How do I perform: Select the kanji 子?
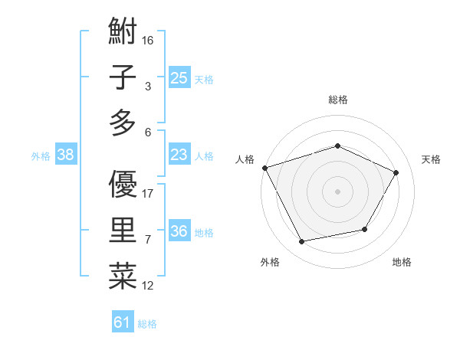(x=123, y=78)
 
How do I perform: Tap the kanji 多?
(x=123, y=123)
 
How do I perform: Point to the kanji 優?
(x=123, y=185)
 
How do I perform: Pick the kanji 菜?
(x=123, y=277)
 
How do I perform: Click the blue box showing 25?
(x=179, y=77)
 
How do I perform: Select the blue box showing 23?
(x=179, y=155)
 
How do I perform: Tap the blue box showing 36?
(x=179, y=232)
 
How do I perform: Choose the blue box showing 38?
(x=66, y=155)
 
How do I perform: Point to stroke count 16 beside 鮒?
(x=149, y=40)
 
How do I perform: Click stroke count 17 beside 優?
(x=149, y=194)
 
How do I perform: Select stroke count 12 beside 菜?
(x=149, y=286)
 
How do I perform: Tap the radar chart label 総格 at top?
(x=338, y=100)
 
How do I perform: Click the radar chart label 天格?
(x=431, y=160)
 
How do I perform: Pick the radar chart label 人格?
(x=245, y=160)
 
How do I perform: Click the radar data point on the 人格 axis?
(x=264, y=168)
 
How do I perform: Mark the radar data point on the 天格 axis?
(x=396, y=173)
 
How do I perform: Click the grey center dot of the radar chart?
(x=338, y=191)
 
